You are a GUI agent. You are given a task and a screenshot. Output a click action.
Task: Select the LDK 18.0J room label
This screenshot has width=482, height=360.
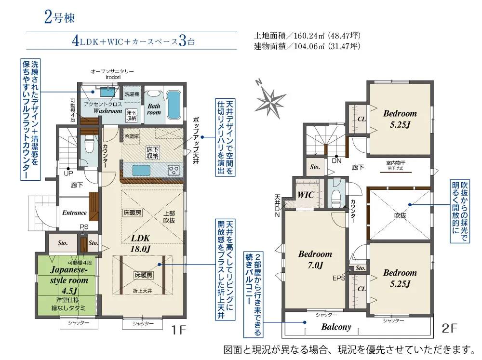click(x=141, y=243)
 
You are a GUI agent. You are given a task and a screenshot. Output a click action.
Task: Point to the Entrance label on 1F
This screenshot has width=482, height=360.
click(x=74, y=213)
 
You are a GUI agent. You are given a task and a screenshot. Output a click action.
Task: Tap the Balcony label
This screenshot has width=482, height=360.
click(x=336, y=327)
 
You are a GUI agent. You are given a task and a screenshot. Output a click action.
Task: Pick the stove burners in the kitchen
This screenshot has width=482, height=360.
click(x=174, y=170)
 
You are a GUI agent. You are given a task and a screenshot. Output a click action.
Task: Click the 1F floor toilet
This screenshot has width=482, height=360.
click(x=89, y=144)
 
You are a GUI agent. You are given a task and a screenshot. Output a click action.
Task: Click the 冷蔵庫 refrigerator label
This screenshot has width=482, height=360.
click(x=131, y=136)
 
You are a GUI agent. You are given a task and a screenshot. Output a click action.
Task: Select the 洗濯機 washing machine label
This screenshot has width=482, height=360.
click(x=132, y=93)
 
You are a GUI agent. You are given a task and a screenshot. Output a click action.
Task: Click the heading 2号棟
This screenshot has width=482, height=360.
click(x=59, y=18)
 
